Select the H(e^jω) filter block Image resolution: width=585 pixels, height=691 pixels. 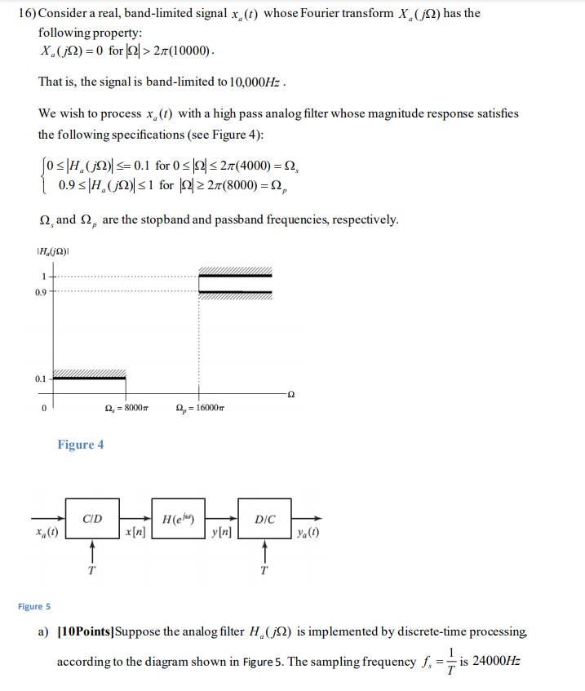point(177,519)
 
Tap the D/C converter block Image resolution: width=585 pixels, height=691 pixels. point(264,519)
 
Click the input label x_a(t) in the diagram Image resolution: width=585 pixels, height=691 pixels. point(47,533)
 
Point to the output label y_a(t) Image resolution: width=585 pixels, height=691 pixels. point(308,534)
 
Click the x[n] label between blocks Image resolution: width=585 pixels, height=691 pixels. point(135,533)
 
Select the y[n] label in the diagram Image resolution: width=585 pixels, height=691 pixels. point(221,533)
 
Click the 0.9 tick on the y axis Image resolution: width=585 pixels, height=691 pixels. point(40,290)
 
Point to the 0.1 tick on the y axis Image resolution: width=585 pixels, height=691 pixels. point(40,379)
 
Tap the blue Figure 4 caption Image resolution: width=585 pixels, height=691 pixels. point(80,445)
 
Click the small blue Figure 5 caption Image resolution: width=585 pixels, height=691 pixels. point(34,606)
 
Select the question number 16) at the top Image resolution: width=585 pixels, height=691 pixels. point(27,14)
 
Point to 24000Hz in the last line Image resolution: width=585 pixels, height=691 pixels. point(495,661)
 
